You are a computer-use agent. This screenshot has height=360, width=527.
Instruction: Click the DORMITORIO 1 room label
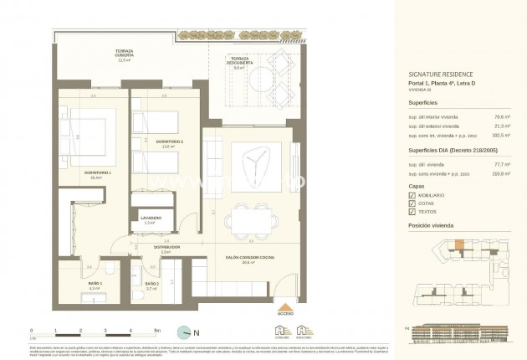tap(86, 174)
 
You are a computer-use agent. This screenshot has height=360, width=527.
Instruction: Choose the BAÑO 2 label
tap(151, 285)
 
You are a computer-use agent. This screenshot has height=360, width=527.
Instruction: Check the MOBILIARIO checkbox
tap(411, 194)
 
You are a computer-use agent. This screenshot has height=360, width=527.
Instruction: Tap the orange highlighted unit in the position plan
tap(458, 244)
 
